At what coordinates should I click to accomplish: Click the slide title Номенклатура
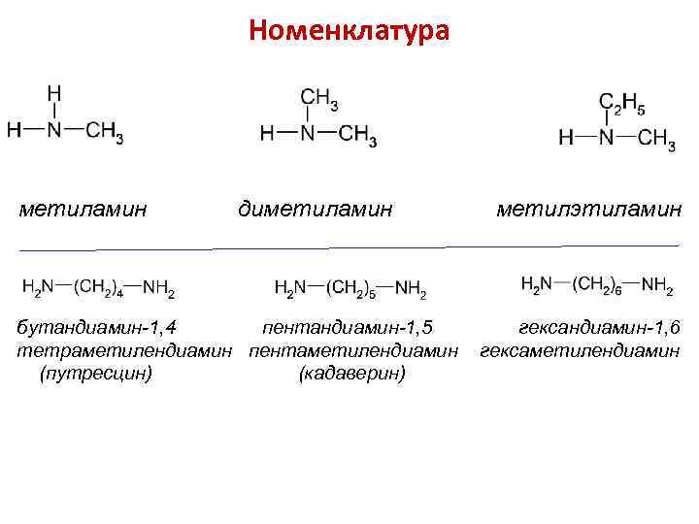[x=349, y=31]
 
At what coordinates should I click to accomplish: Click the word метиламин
[x=83, y=207]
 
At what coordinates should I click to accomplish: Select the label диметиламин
[x=316, y=207]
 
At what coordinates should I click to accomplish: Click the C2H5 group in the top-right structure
[x=621, y=103]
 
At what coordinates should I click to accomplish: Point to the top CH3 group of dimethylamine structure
[x=319, y=98]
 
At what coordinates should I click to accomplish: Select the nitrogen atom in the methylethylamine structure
[x=606, y=137]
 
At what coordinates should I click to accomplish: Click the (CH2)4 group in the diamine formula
[x=98, y=287]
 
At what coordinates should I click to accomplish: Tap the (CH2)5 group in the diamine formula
[x=350, y=288]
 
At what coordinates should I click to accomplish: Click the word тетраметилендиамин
[x=127, y=349]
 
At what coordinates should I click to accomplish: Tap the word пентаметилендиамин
[x=353, y=349]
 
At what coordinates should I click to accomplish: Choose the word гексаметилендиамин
[x=580, y=349]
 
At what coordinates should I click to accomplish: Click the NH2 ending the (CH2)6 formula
[x=657, y=284]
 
